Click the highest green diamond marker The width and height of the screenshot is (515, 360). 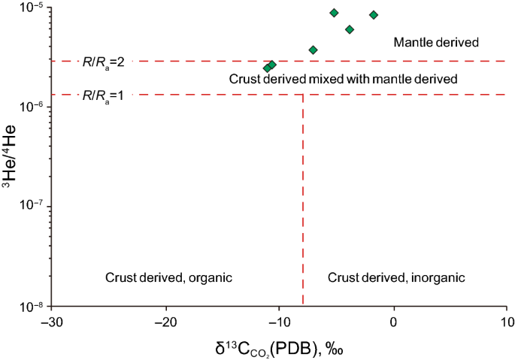point(334,13)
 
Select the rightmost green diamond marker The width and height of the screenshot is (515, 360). point(373,15)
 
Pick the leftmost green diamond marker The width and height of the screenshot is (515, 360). point(267,68)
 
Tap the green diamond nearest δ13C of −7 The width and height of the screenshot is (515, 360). point(313,50)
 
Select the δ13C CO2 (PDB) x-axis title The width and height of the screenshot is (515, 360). point(278,347)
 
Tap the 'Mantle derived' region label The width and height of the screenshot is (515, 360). point(436,42)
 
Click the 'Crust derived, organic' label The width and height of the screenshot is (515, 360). point(169,277)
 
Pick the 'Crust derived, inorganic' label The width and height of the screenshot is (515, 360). point(397,277)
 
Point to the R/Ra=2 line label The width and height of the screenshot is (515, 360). point(103,61)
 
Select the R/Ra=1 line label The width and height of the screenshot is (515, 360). point(103,95)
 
